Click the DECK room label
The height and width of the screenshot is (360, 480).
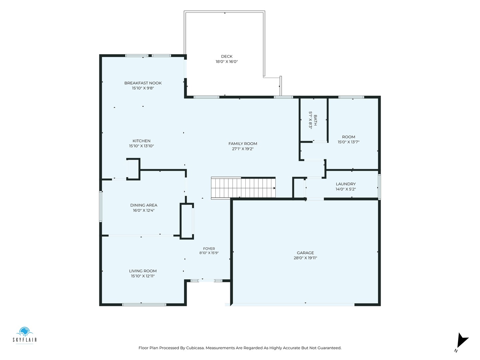227,56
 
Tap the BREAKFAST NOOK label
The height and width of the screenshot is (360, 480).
143,83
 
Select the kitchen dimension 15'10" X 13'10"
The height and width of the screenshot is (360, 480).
141,146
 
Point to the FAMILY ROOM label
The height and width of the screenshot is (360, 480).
243,144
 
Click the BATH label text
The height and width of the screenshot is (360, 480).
315,120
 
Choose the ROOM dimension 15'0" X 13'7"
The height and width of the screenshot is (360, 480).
348,142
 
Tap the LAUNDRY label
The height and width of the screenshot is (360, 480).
346,184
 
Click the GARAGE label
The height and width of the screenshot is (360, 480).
305,253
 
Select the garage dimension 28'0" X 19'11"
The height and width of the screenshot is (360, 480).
305,258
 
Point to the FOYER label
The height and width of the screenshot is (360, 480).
209,249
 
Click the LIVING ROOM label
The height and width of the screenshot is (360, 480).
143,271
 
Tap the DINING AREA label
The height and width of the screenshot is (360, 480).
143,205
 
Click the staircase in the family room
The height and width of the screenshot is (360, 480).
243,188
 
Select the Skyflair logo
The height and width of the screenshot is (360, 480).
24,336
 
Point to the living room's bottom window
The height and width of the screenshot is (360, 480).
144,304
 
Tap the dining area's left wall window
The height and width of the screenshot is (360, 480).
101,207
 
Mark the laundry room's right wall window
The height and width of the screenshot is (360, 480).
379,187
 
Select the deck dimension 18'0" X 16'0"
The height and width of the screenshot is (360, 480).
227,62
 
